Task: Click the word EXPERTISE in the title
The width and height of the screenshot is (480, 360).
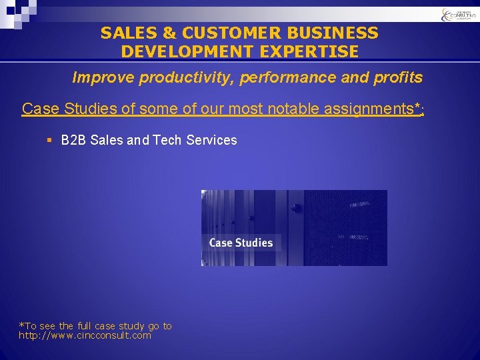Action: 317,51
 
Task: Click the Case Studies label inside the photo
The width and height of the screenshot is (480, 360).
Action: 241,243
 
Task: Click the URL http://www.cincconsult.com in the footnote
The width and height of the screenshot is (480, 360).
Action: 85,335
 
